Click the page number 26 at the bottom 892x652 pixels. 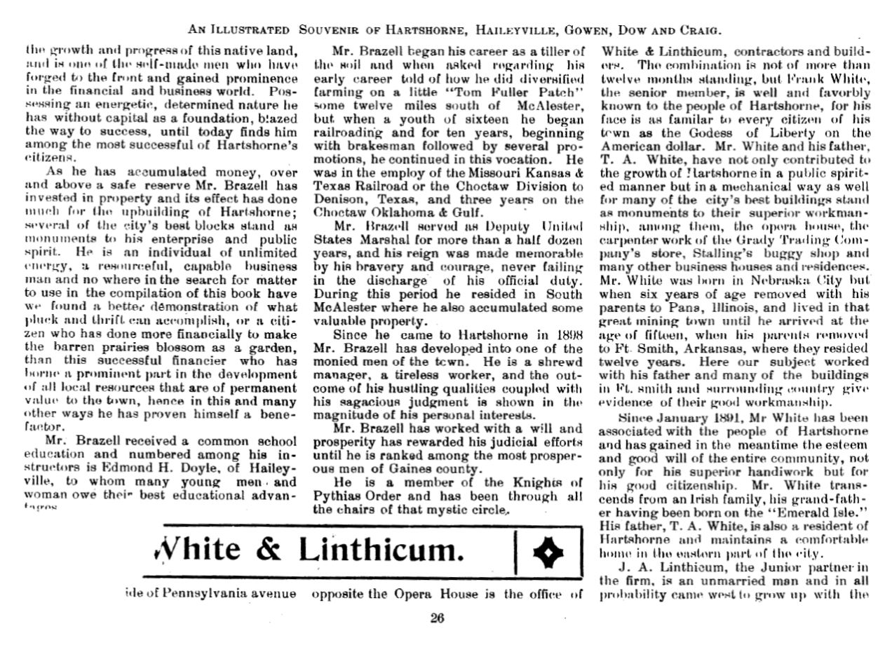point(437,618)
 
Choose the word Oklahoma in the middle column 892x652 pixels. point(398,212)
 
